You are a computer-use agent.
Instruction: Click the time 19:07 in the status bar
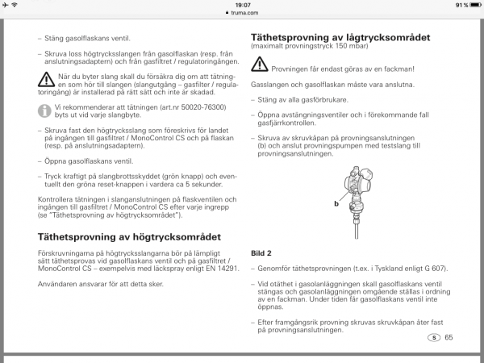pyautogui.click(x=242, y=4)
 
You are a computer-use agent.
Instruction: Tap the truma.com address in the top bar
pyautogui.click(x=243, y=12)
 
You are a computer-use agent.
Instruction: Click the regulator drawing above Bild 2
pyautogui.click(x=354, y=194)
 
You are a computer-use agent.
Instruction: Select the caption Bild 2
pyautogui.click(x=262, y=252)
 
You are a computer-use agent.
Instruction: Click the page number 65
pyautogui.click(x=449, y=337)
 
